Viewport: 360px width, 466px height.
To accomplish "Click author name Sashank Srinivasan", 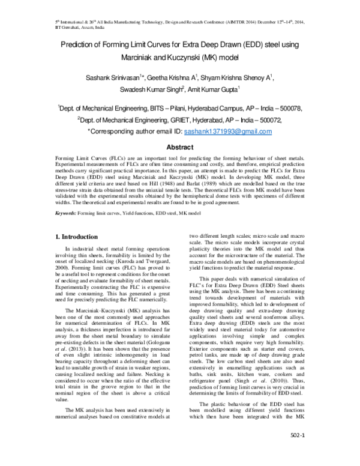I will click(114, 76).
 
